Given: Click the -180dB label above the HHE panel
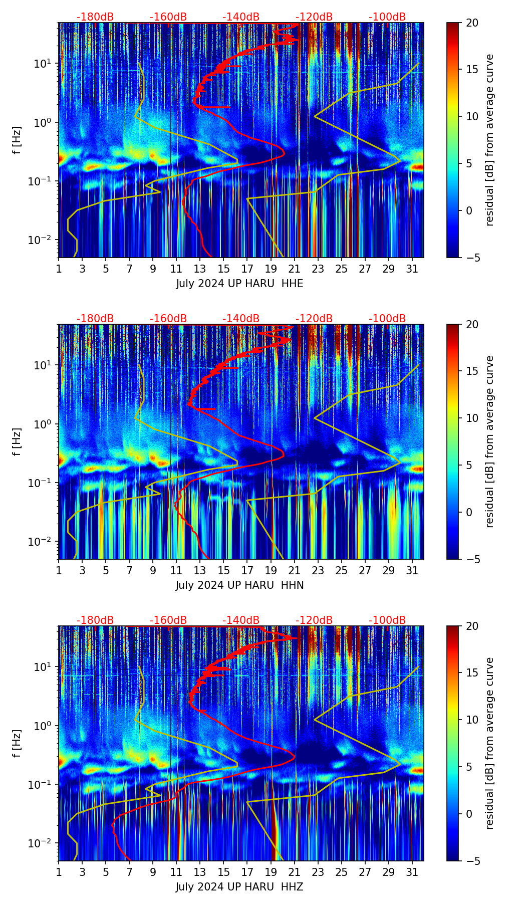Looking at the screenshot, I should [95, 17].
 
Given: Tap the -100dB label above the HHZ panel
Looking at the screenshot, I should [387, 620].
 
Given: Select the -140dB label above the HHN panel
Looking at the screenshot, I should [241, 319].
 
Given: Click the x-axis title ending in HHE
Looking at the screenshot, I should [239, 284].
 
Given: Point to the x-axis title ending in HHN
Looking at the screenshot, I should [239, 585].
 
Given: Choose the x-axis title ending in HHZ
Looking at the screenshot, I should [239, 887].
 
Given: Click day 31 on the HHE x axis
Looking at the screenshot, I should [412, 269].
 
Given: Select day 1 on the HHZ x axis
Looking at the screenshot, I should [59, 872].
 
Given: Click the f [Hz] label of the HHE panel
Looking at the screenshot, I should [17, 140].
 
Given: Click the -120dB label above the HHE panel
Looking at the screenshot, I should [314, 17].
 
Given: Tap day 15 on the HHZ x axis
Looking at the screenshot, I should [224, 872].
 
